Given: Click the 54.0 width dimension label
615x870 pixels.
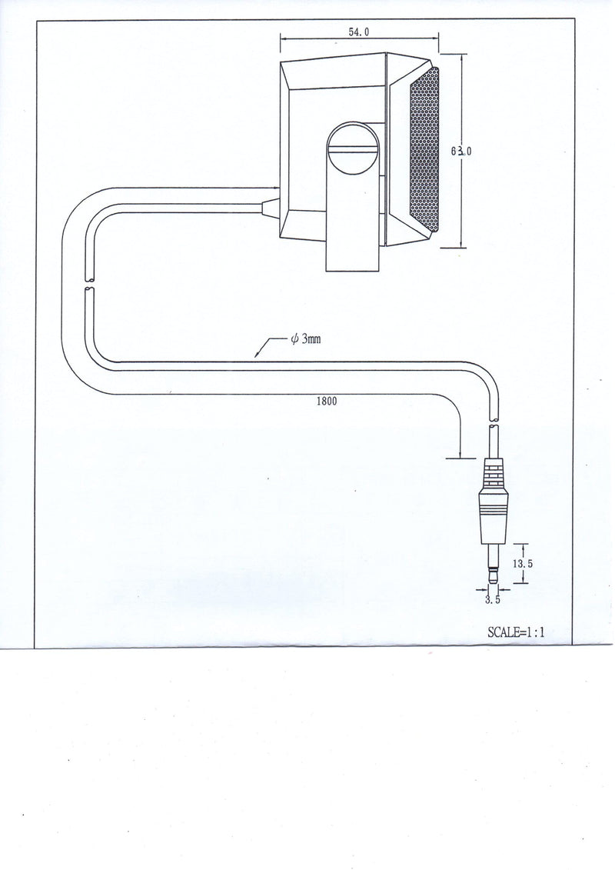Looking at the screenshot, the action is pos(358,32).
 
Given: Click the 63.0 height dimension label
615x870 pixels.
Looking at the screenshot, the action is pos(460,150).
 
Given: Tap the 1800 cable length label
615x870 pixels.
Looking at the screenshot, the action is pos(326,402).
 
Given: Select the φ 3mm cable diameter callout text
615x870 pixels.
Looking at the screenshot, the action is pos(305,339).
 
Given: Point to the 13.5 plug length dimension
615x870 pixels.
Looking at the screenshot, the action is pos(523,563).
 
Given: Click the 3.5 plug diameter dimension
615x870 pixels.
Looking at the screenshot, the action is pos(493,599).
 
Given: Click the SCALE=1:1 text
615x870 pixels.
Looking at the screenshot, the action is pos(516,632).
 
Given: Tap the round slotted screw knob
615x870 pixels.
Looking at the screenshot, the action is pos(353,148).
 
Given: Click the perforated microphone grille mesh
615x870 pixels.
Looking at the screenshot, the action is pos(424,150).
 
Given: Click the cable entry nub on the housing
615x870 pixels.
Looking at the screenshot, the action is pos(271,208).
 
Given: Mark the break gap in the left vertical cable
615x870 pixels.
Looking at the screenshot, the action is pos(89,282).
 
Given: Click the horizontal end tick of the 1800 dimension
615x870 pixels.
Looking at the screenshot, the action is pos(460,458).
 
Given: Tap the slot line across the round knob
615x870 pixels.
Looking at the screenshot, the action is pos(353,148).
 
